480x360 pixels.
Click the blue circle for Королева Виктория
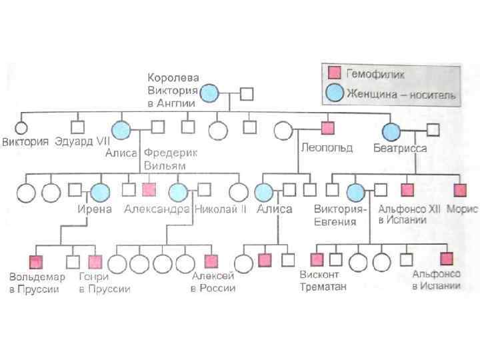click(x=210, y=93)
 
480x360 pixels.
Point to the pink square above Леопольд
click(x=327, y=127)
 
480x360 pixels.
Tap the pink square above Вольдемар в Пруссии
click(x=35, y=262)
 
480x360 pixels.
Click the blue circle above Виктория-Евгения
click(x=355, y=192)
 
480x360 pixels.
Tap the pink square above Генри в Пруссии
click(x=95, y=262)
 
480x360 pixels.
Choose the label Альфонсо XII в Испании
click(x=408, y=215)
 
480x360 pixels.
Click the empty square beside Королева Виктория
click(x=247, y=94)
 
